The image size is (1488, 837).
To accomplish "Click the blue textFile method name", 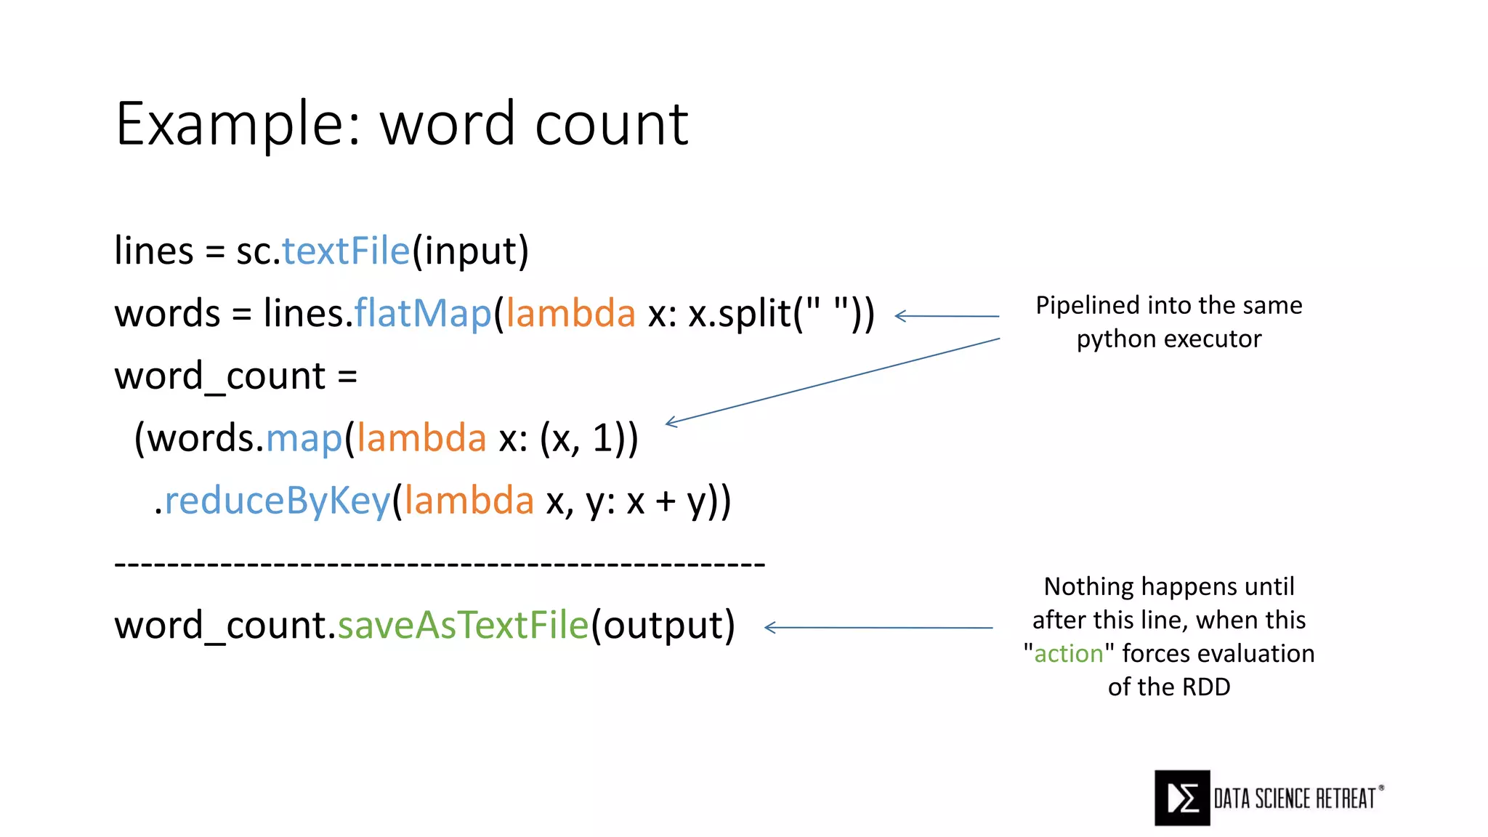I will pos(346,251).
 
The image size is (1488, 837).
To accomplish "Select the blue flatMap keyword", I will pos(422,314).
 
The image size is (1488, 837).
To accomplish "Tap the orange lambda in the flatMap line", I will pos(570,314).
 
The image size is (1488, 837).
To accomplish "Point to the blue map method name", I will pos(304,439).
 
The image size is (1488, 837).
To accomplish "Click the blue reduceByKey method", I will pos(277,501).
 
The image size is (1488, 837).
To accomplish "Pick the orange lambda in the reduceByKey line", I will pos(469,501).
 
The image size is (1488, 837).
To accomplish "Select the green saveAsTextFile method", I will pos(463,626).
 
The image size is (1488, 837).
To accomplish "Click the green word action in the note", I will pos(1068,654).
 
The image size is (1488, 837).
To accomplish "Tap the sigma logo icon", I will pos(1182,798).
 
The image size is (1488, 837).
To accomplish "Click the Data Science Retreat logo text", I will pos(1295,798).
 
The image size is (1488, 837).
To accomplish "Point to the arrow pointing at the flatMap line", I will pos(946,316).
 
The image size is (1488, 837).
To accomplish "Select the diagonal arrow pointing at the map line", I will pos(832,380).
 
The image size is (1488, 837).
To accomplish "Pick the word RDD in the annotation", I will pos(1205,687).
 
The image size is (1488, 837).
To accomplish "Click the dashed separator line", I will pos(440,564).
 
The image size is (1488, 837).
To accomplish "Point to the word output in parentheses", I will pos(663,626).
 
